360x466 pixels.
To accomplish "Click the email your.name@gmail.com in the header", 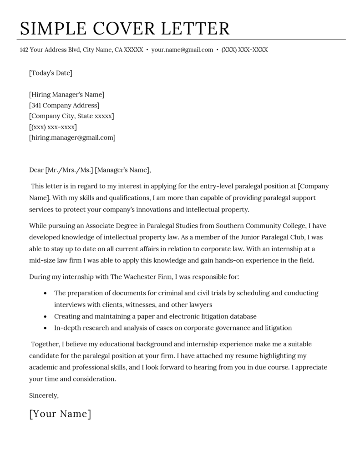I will [182, 50].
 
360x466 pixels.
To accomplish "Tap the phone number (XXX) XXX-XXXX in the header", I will [244, 50].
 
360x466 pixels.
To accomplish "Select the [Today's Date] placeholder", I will [51, 73].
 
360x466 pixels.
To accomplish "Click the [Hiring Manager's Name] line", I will [66, 95].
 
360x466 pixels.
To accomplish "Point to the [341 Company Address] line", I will [64, 106].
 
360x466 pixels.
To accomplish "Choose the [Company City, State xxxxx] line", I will [71, 116].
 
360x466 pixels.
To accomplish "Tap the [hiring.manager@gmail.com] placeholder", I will [72, 137].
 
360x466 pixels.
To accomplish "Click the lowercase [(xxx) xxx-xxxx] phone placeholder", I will [53, 127].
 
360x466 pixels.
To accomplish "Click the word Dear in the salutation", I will [36, 170].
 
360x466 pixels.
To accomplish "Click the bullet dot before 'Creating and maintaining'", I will [45, 316].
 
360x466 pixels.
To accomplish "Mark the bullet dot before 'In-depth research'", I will [45, 328].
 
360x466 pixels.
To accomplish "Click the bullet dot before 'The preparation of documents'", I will [45, 293].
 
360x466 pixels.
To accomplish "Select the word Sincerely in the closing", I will [44, 395].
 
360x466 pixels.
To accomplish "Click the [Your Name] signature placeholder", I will [60, 414].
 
